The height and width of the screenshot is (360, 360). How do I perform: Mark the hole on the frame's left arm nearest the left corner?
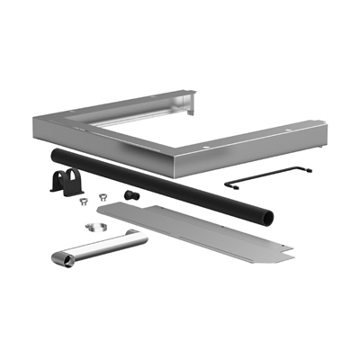75,124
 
